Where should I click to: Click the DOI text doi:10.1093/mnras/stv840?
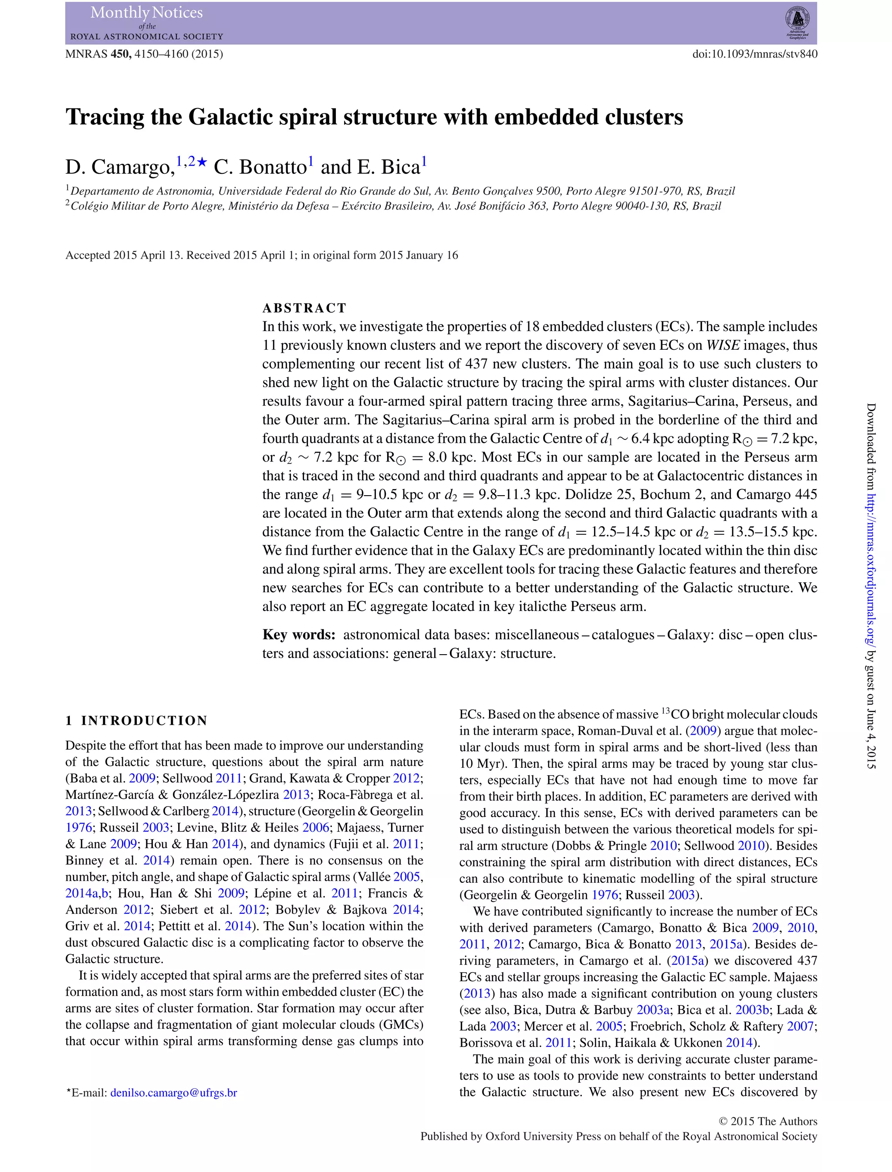coord(754,54)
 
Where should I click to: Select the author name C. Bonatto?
coord(260,167)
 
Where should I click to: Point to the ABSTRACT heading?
coord(304,308)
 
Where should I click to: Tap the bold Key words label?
coord(299,635)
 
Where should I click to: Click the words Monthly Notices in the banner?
coord(146,13)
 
